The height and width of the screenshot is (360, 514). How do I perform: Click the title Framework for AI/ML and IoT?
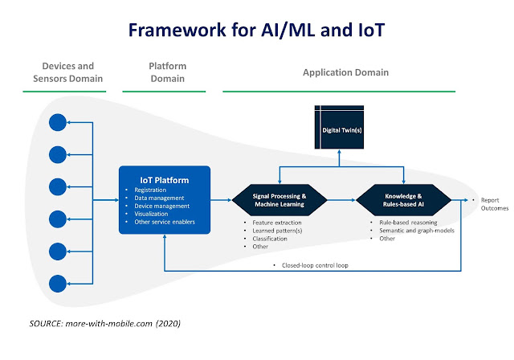[256, 30]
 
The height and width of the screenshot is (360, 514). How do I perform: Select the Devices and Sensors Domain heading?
[67, 72]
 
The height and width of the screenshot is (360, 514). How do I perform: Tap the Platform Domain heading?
[168, 72]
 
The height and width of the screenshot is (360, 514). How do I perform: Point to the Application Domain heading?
[345, 72]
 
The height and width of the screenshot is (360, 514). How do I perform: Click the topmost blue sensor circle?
[58, 122]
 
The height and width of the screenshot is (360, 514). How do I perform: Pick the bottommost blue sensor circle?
[58, 284]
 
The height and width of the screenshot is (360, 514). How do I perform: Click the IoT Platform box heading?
[164, 180]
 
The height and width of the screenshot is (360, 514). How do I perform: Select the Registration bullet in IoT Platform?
[150, 190]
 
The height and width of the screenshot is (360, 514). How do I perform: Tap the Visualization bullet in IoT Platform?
[151, 214]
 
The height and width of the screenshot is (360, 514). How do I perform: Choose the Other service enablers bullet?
[165, 222]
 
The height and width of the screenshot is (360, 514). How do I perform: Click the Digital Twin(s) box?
[339, 127]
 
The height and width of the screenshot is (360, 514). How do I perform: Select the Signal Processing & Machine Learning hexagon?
[279, 200]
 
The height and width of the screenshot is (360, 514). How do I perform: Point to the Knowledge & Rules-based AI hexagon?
[403, 200]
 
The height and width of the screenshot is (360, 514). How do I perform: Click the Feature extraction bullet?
[277, 223]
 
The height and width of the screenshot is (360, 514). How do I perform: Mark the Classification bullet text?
[270, 239]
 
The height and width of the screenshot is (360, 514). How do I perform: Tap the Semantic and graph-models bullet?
[417, 231]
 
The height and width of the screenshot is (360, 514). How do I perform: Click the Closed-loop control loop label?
[315, 265]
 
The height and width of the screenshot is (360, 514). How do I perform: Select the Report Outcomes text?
[495, 204]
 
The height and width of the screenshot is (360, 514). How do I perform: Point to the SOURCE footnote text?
[105, 324]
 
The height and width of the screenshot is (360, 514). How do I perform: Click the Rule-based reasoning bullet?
[408, 223]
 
